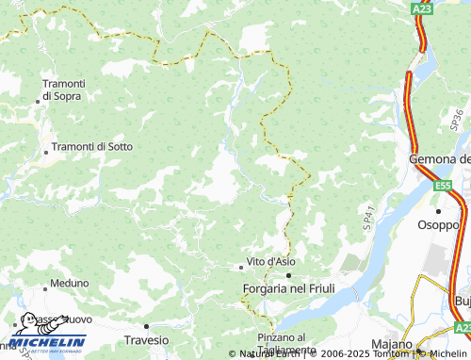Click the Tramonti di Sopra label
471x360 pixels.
pyautogui.click(x=63, y=90)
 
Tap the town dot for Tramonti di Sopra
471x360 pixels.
pyautogui.click(x=43, y=101)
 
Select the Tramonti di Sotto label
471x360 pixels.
pyautogui.click(x=92, y=146)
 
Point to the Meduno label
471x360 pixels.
pyautogui.click(x=70, y=283)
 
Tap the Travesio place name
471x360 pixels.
pyautogui.click(x=147, y=339)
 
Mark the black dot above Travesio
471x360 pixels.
pyautogui.click(x=146, y=326)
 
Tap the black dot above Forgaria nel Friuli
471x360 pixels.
pyautogui.click(x=288, y=274)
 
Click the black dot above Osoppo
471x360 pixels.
pyautogui.click(x=437, y=211)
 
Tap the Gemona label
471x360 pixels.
pyautogui.click(x=439, y=159)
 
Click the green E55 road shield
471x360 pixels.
pyautogui.click(x=443, y=187)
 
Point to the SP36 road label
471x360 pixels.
pyautogui.click(x=458, y=119)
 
